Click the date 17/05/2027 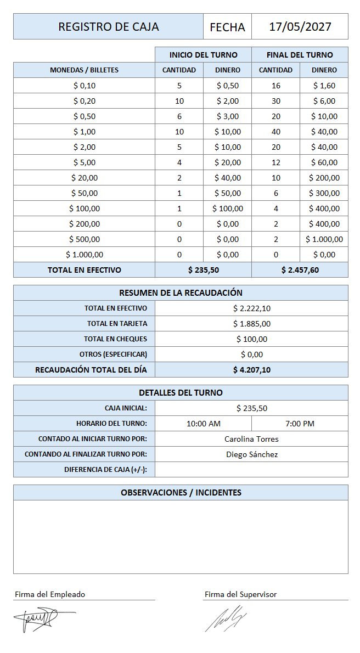300,27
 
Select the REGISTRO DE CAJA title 108,27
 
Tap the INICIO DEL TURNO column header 203,55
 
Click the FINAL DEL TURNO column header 300,55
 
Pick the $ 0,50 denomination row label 84,116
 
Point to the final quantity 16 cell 275,86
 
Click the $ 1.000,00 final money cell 324,239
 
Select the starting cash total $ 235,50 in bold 203,270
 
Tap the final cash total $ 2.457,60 300,270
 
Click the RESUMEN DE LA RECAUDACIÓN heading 181,293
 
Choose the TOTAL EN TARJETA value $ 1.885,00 251,324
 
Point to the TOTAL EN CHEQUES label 115,339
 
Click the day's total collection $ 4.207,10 251,370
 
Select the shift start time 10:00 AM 203,424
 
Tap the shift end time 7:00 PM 300,424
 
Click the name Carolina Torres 251,439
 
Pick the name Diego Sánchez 251,454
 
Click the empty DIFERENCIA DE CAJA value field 251,470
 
